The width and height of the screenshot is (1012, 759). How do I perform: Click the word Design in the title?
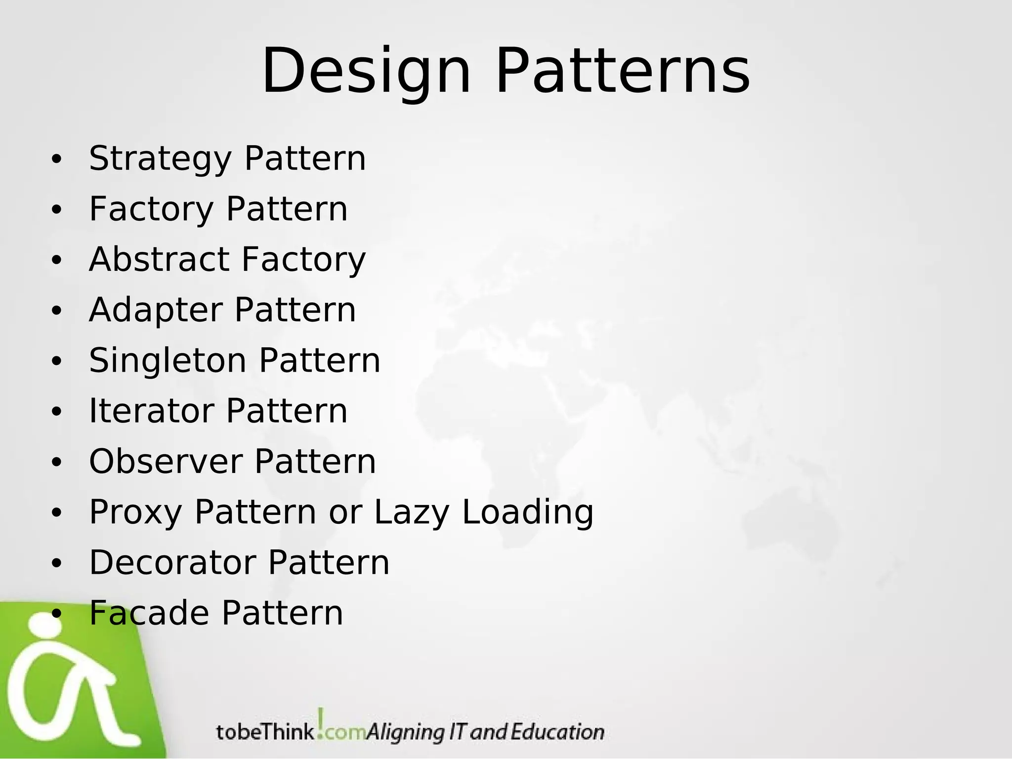[366, 72]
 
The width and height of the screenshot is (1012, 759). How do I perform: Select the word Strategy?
[160, 159]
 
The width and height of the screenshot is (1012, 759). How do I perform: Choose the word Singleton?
[168, 361]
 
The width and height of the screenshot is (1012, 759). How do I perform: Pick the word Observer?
[166, 462]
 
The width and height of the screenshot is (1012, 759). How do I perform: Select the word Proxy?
[135, 512]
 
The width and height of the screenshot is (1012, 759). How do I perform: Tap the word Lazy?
[412, 512]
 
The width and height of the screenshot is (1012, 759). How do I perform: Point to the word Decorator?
[172, 563]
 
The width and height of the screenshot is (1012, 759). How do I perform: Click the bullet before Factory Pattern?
[57, 210]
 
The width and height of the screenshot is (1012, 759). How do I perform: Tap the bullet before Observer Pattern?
[57, 463]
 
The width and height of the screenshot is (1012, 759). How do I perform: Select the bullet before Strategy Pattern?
[57, 159]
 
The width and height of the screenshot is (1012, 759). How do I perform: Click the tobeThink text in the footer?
[265, 732]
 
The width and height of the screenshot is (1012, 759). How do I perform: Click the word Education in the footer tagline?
[557, 732]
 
